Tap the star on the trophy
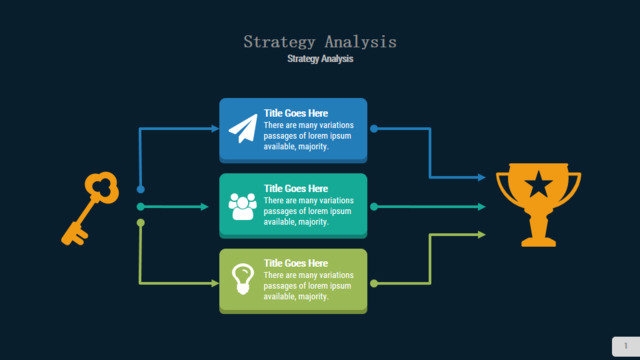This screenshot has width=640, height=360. pyautogui.click(x=538, y=184)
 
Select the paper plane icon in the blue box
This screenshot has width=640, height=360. pyautogui.click(x=243, y=129)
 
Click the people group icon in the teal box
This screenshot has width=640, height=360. pyautogui.click(x=242, y=206)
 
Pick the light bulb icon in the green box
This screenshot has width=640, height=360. pyautogui.click(x=243, y=279)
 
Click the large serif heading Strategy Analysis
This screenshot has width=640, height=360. pyautogui.click(x=320, y=42)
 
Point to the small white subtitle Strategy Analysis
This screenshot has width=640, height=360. pyautogui.click(x=320, y=59)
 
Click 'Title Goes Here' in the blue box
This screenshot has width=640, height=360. pyautogui.click(x=296, y=113)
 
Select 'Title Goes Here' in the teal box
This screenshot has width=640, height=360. pyautogui.click(x=296, y=189)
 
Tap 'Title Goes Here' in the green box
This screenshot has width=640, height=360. pyautogui.click(x=296, y=263)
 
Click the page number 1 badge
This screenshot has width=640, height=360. pyautogui.click(x=626, y=346)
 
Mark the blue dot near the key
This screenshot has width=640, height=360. pyautogui.click(x=140, y=189)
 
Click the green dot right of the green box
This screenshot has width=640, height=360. pyautogui.click(x=374, y=283)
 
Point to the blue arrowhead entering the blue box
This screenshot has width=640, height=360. pyautogui.click(x=215, y=129)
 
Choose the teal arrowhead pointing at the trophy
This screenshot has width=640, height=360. pyautogui.click(x=482, y=207)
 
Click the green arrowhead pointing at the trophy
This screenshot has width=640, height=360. pyautogui.click(x=482, y=235)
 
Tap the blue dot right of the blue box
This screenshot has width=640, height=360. pyautogui.click(x=374, y=129)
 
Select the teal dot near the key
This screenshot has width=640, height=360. pyautogui.click(x=140, y=207)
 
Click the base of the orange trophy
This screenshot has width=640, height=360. pyautogui.click(x=538, y=241)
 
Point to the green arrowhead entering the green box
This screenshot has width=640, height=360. pyautogui.click(x=215, y=283)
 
